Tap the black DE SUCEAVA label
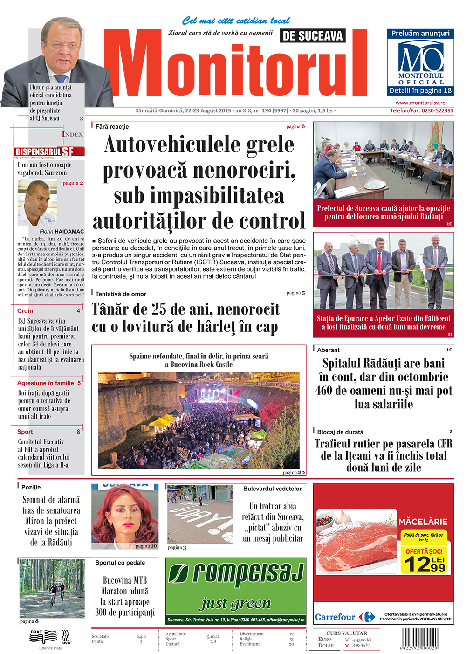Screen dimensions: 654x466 (x=313, y=36)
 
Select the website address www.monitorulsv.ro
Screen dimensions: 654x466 (x=420, y=103)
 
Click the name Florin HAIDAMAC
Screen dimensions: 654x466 (x=62, y=231)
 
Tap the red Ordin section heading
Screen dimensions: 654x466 (x=25, y=310)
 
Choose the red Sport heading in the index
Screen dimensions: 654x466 (x=25, y=432)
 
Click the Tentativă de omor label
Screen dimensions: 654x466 (x=121, y=294)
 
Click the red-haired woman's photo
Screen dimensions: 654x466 (x=124, y=516)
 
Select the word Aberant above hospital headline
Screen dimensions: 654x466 (x=328, y=350)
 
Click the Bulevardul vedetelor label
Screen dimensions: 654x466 (x=272, y=489)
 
